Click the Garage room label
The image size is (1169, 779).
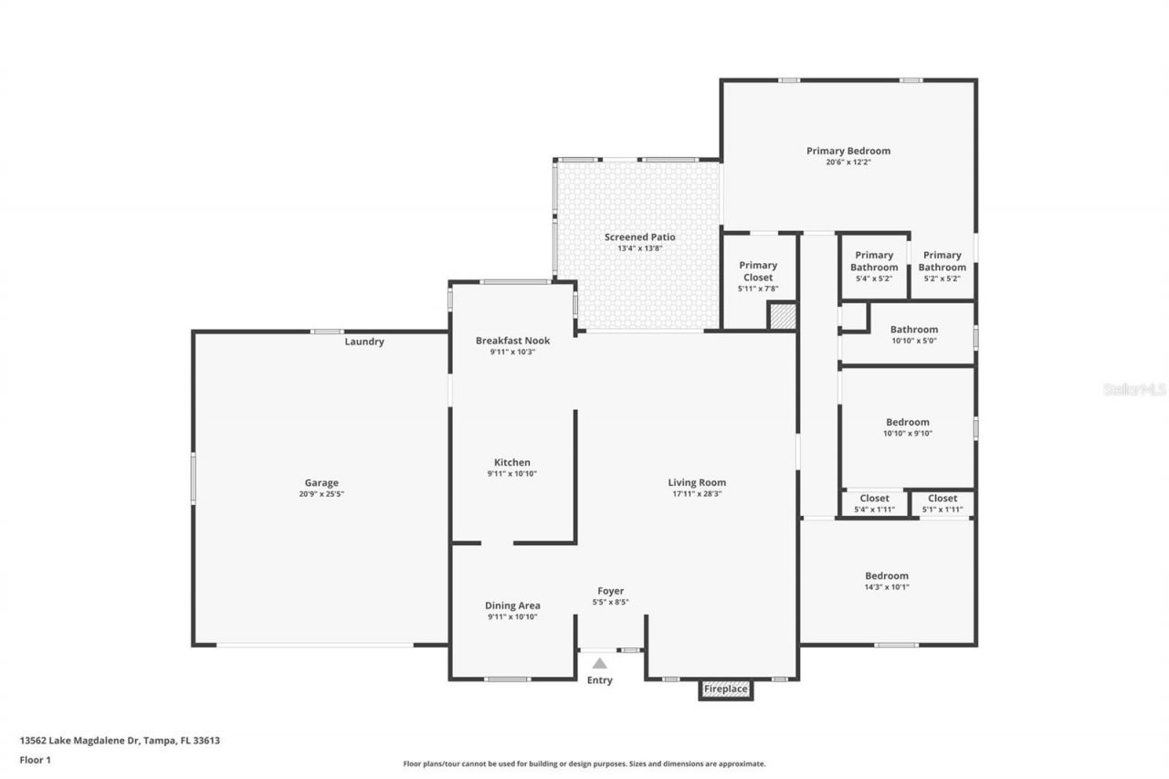click(x=321, y=483)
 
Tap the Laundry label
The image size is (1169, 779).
click(x=364, y=342)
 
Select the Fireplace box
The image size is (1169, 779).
click(x=726, y=689)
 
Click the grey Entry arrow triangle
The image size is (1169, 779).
click(x=600, y=664)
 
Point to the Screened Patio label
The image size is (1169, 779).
click(x=639, y=237)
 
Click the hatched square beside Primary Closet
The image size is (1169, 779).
click(x=782, y=317)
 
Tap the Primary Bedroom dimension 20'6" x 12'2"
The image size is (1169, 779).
click(x=848, y=163)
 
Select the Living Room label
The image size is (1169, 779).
click(x=697, y=482)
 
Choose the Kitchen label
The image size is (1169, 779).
click(x=512, y=462)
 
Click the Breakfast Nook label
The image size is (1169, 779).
click(x=512, y=341)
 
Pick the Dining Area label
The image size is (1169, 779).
click(x=512, y=605)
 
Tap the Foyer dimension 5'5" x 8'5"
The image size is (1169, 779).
click(x=610, y=602)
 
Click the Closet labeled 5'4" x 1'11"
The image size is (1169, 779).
click(x=874, y=504)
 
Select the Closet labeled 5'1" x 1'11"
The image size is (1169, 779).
click(x=943, y=504)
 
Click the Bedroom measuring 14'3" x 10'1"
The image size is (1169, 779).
click(x=887, y=581)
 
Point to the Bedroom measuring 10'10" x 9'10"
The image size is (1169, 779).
click(x=908, y=427)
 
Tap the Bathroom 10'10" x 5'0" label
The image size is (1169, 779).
click(x=914, y=334)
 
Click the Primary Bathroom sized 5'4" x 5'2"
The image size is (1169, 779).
click(x=874, y=267)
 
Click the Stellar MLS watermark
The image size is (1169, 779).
click(x=1134, y=389)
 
